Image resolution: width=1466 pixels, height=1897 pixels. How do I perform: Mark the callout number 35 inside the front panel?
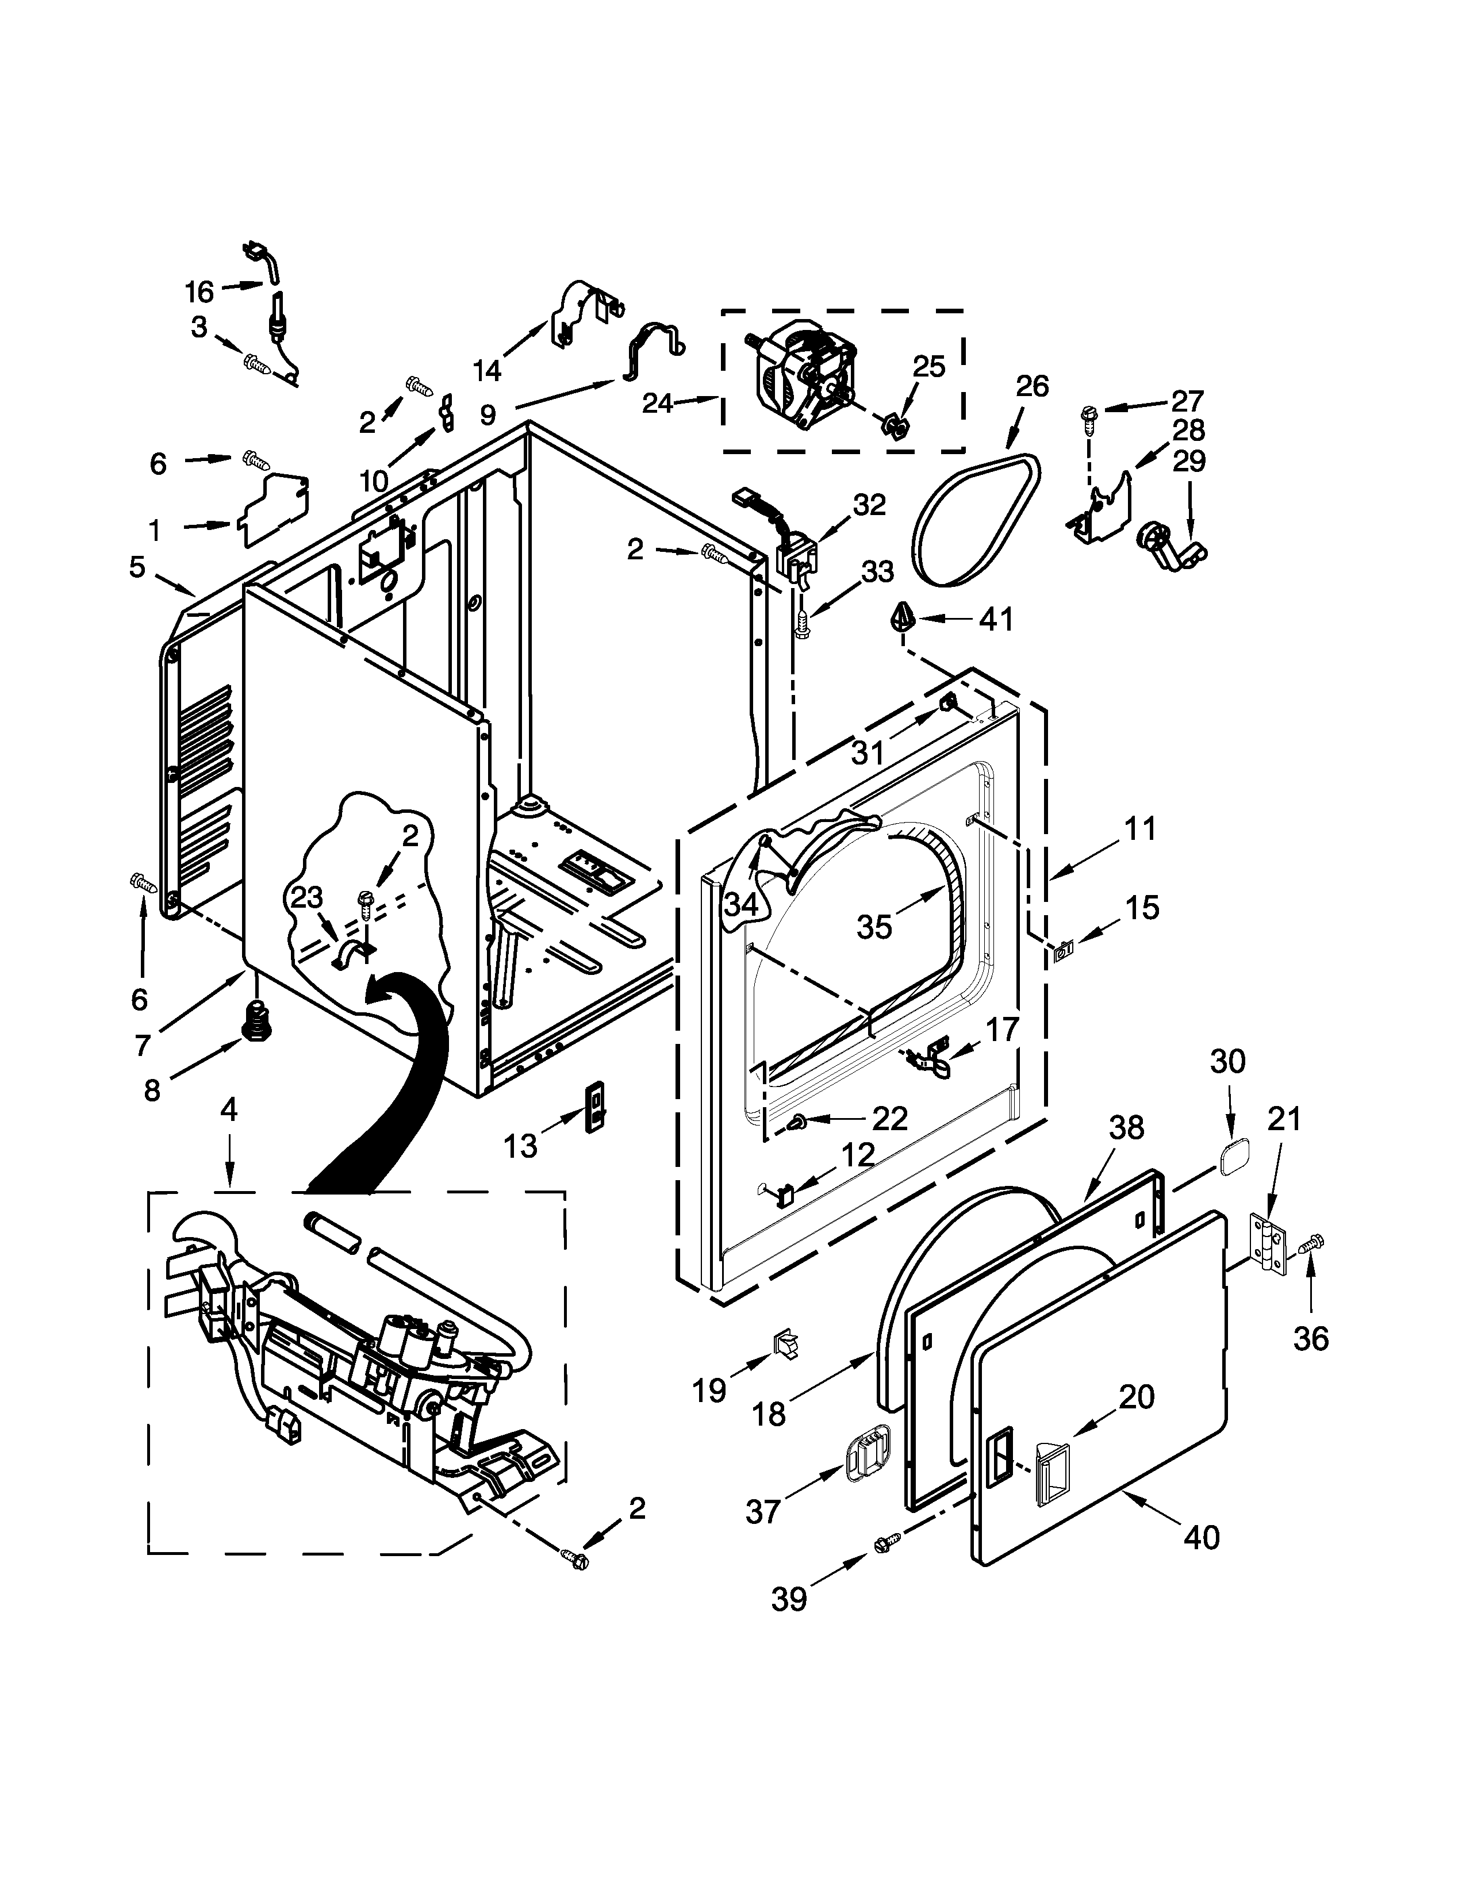tap(874, 927)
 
